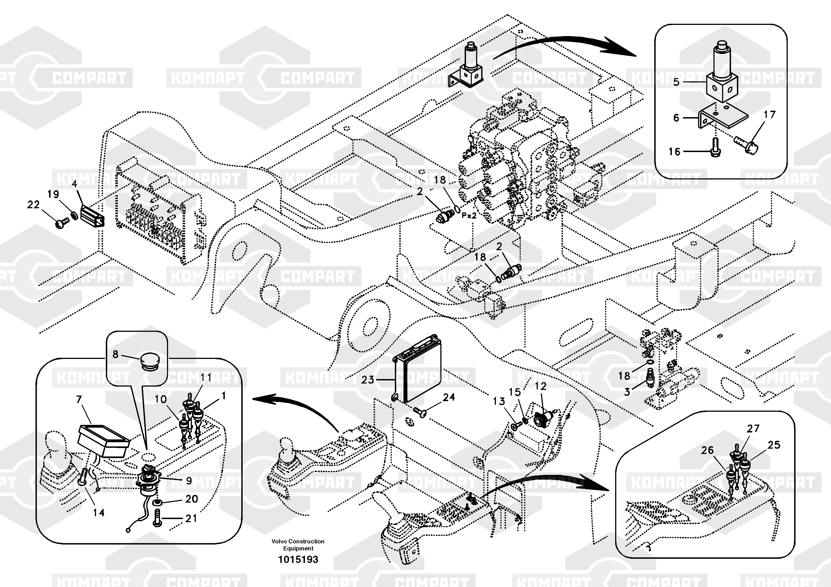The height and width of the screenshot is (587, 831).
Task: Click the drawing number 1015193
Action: [298, 559]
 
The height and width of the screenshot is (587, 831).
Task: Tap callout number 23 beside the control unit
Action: [367, 380]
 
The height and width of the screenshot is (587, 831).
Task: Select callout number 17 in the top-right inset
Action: [770, 115]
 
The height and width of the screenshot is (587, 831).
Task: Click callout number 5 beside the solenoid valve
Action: [676, 82]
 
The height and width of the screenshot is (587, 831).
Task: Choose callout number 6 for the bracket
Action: [676, 118]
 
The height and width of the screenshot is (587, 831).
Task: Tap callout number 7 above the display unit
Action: [79, 399]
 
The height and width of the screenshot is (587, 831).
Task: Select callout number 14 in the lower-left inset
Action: [99, 513]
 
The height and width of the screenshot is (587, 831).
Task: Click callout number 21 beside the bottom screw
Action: [191, 519]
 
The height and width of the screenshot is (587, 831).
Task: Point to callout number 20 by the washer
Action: [192, 499]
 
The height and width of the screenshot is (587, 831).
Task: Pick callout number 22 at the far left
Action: [33, 205]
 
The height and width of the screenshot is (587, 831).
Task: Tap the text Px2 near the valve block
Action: [469, 215]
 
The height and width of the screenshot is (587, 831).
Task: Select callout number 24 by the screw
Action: [449, 397]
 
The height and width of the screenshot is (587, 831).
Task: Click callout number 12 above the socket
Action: [540, 386]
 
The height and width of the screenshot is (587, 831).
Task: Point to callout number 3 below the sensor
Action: [627, 392]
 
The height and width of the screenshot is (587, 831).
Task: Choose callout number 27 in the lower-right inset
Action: [753, 428]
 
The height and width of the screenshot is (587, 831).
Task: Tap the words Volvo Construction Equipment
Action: [298, 545]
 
